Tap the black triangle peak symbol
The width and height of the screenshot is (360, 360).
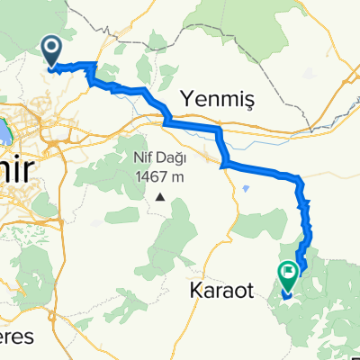(x=160, y=196)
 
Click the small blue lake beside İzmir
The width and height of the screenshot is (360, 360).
(x=4, y=132)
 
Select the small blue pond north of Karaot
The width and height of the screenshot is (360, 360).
(x=246, y=188)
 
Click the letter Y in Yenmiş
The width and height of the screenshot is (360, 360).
(x=186, y=95)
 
